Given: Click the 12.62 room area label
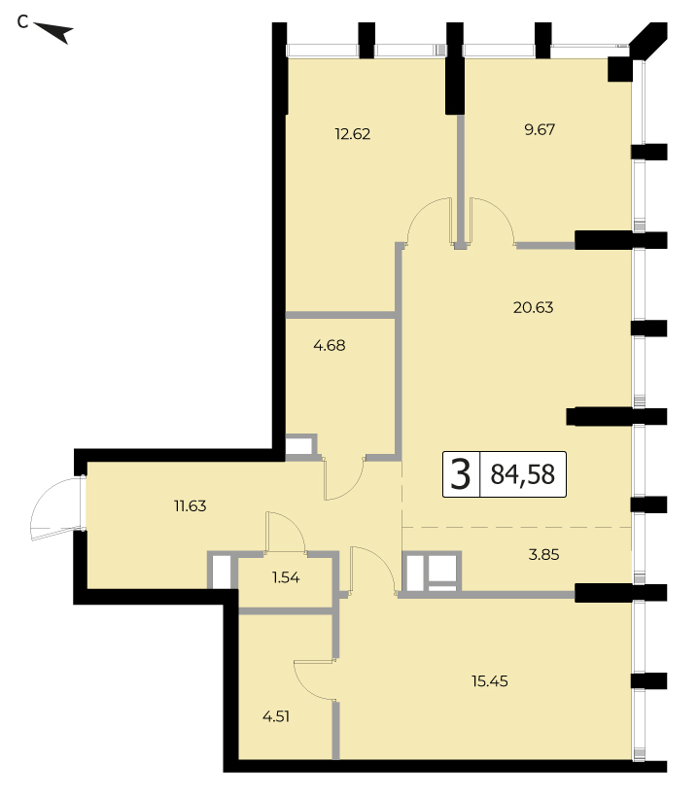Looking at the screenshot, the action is pyautogui.click(x=353, y=134).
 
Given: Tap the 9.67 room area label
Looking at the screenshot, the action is pyautogui.click(x=540, y=129).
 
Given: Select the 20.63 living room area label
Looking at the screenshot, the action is pyautogui.click(x=533, y=307).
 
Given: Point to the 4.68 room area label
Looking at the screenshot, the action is pyautogui.click(x=330, y=345).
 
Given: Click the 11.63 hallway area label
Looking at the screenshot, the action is pyautogui.click(x=190, y=506).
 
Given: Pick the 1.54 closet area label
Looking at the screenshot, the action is pyautogui.click(x=286, y=577).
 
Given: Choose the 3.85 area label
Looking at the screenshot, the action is pyautogui.click(x=543, y=554).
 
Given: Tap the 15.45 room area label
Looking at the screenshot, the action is pyautogui.click(x=490, y=681).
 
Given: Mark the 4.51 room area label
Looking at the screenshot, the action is pyautogui.click(x=276, y=717).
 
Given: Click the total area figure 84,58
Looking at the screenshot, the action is pyautogui.click(x=523, y=474).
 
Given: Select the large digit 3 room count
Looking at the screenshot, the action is pyautogui.click(x=461, y=474).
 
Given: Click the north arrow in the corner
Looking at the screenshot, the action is pyautogui.click(x=54, y=32).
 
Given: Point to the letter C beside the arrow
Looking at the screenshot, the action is pyautogui.click(x=22, y=22).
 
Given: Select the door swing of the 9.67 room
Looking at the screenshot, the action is pyautogui.click(x=492, y=220).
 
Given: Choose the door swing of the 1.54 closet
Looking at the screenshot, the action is pyautogui.click(x=285, y=530).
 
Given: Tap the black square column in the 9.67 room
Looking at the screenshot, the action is pyautogui.click(x=620, y=69).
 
